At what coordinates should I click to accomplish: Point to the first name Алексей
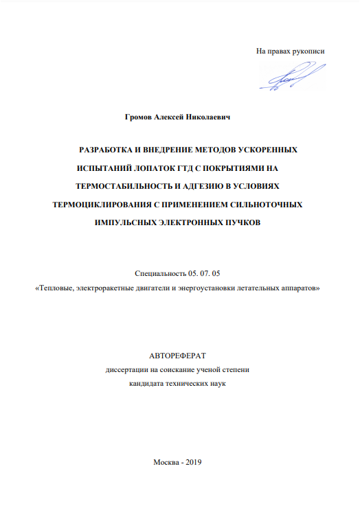(172, 118)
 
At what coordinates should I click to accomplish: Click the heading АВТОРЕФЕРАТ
(177, 356)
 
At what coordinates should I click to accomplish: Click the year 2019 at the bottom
(190, 462)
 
